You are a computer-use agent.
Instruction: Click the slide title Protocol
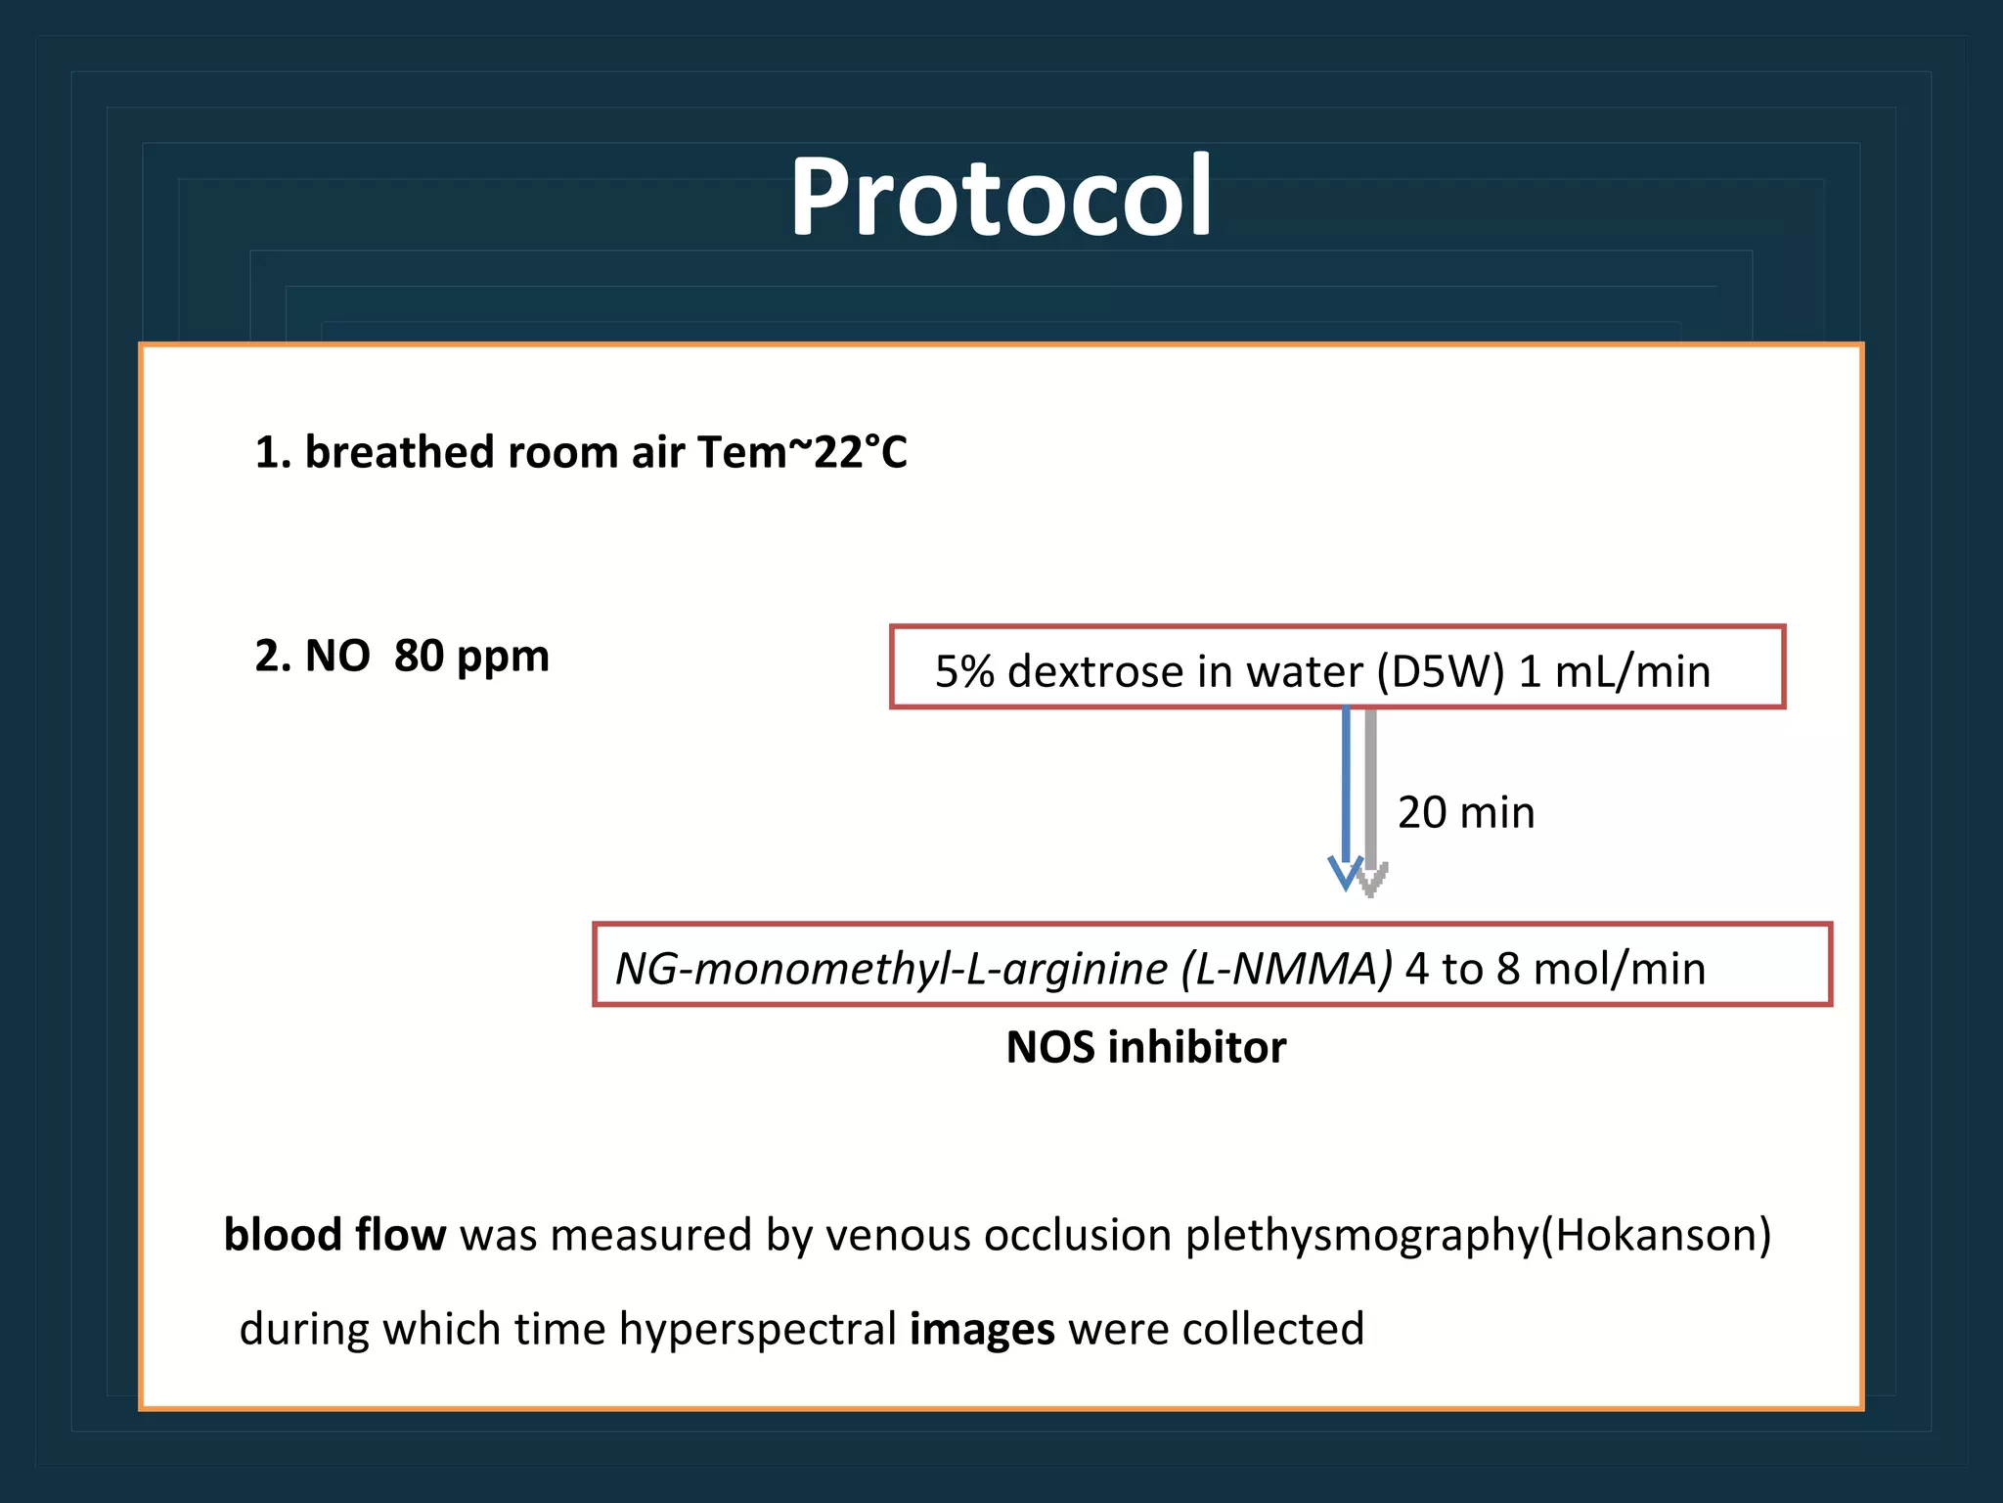1001,199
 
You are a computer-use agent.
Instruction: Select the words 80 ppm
471,656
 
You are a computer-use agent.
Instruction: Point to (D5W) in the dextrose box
1440,672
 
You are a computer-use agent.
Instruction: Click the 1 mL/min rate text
1614,672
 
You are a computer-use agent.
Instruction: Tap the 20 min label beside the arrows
1465,812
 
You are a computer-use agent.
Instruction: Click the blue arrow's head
1346,873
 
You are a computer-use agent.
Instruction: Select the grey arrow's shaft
1371,783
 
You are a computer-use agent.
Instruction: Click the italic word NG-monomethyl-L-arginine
891,969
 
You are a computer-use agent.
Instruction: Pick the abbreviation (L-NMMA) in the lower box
1286,969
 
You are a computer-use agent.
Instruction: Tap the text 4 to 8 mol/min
1555,969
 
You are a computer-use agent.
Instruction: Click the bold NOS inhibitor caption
1145,1048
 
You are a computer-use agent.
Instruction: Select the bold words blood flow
334,1235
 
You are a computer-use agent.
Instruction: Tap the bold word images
982,1330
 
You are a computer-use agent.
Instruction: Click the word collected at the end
1272,1330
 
